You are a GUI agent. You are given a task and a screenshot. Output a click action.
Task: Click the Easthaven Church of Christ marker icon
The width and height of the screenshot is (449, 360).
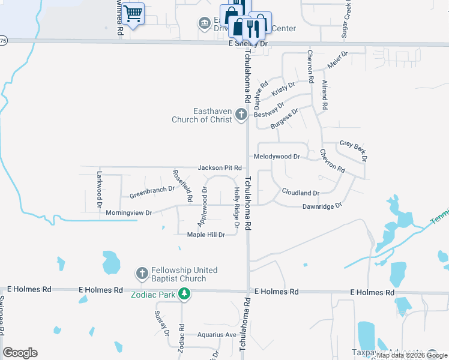pos(241,113)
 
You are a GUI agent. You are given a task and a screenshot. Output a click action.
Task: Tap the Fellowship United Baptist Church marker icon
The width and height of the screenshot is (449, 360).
pos(142,274)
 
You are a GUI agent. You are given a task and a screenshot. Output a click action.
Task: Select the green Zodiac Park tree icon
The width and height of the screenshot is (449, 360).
pos(185,293)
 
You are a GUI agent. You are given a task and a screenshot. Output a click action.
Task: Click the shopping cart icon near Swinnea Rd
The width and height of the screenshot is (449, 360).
pos(134,13)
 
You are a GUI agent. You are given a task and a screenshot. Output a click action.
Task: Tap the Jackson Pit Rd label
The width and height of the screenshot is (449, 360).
pos(220,167)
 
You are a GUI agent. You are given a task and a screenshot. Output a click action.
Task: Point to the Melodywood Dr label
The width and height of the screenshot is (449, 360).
pos(277,157)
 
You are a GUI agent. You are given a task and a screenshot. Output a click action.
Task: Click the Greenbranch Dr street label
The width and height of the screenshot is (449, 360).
pos(152,191)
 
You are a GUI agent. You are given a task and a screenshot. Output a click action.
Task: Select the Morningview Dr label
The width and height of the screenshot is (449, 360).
pos(129,213)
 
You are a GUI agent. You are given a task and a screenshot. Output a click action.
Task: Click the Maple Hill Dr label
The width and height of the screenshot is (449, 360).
pos(206,235)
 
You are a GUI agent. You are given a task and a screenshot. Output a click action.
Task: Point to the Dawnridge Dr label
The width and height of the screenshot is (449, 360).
pos(321,205)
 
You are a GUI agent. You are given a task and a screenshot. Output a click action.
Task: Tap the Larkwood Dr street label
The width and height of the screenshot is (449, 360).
pos(100,189)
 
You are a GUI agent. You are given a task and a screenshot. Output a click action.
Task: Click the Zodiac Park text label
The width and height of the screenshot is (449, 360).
pos(153,294)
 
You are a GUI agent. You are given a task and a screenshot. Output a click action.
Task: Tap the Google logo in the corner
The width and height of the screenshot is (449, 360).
pos(20,353)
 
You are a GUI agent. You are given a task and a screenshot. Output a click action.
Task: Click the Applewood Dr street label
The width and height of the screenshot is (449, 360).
pos(202,206)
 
